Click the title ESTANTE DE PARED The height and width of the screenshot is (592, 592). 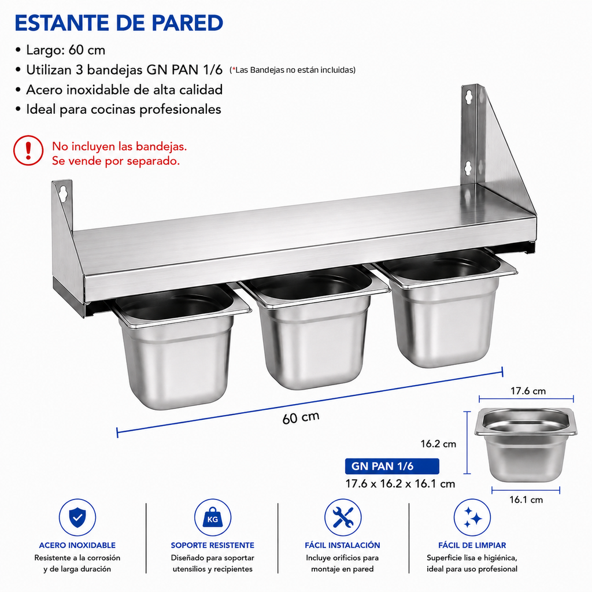[x=119, y=23]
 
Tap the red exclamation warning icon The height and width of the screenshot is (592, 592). [x=28, y=150]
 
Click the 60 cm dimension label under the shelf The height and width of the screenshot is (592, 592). [x=301, y=417]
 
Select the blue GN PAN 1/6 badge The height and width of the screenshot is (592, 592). [x=392, y=466]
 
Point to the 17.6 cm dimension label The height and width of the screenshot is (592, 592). [x=528, y=391]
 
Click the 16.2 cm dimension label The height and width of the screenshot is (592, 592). [x=438, y=443]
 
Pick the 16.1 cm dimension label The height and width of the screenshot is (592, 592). [x=526, y=499]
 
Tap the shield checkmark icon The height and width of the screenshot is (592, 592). [x=77, y=517]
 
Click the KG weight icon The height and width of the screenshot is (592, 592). [x=213, y=517]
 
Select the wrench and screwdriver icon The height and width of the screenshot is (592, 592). [x=343, y=517]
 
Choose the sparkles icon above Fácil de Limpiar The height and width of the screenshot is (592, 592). [x=472, y=517]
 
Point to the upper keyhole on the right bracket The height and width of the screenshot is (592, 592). [x=468, y=97]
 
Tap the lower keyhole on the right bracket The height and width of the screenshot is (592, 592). [x=468, y=168]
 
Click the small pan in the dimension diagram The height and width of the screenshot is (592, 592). [x=526, y=445]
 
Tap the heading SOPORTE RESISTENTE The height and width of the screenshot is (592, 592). [x=213, y=545]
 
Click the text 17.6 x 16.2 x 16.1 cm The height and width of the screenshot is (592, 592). [x=400, y=484]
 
